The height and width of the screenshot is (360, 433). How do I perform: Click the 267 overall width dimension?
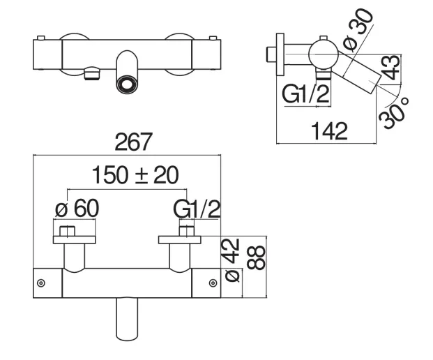(133, 142)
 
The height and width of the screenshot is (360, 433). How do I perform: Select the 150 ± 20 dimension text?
(135, 175)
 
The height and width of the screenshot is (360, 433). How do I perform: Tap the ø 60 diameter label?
(77, 209)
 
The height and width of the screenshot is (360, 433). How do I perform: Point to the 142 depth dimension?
(329, 131)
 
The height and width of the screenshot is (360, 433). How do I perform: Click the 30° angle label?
(393, 113)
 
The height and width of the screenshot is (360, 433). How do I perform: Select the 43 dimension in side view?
(390, 67)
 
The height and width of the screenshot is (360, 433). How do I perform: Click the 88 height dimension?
(256, 257)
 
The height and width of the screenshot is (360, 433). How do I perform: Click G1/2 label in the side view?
(305, 94)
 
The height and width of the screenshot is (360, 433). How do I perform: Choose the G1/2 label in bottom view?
(197, 209)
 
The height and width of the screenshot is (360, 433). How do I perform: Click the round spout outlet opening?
(127, 84)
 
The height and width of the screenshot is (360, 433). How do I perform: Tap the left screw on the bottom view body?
(41, 283)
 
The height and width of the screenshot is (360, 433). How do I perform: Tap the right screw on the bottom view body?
(213, 283)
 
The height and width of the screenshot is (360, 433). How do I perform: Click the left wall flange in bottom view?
(75, 240)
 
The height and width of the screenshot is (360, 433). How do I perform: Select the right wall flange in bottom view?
(179, 240)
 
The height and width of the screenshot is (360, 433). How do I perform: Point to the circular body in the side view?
(324, 54)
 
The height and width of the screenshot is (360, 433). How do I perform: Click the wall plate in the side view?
(280, 54)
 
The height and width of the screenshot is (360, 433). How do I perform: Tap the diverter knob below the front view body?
(92, 73)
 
